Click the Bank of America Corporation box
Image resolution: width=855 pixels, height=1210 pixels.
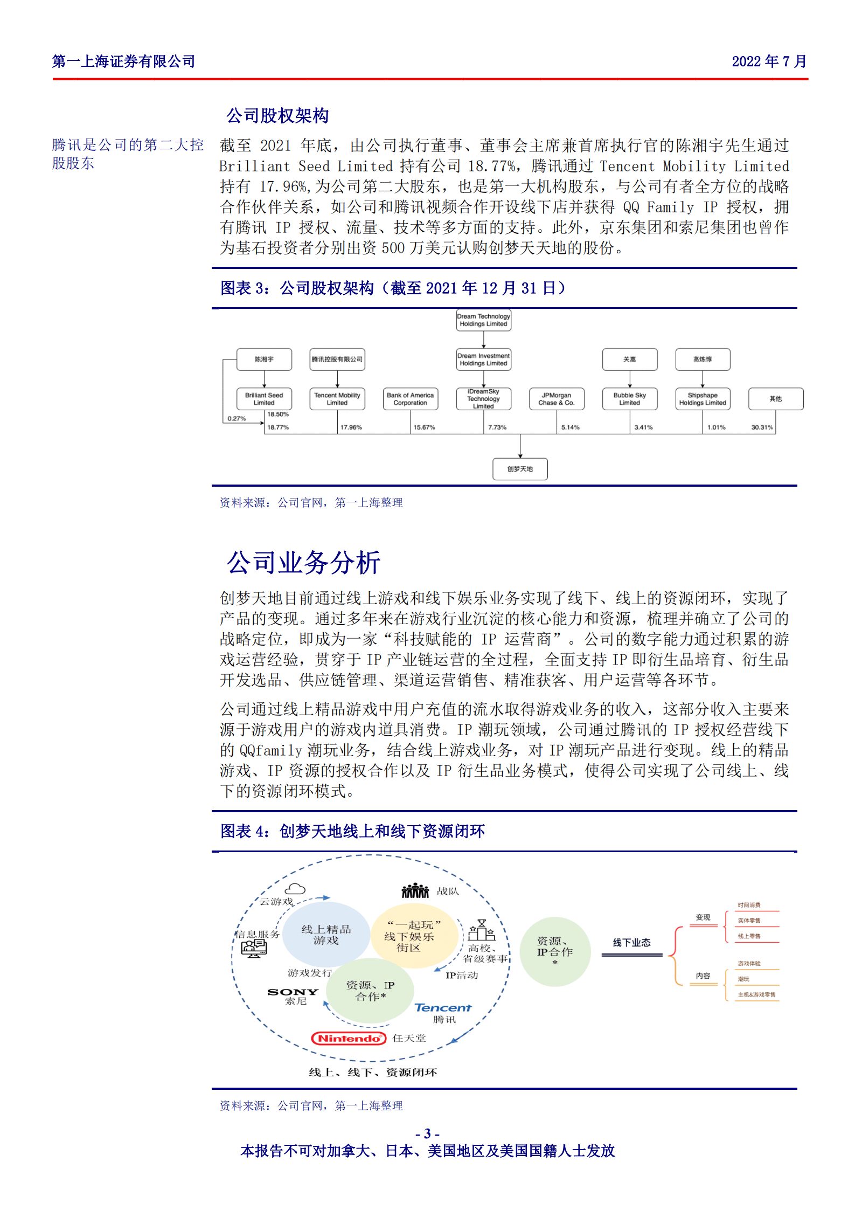[x=410, y=399]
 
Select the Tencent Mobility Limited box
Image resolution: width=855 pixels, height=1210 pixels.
[x=337, y=399]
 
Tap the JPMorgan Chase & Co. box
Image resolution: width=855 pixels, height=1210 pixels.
[x=556, y=399]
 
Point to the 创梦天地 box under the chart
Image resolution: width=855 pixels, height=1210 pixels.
[x=520, y=469]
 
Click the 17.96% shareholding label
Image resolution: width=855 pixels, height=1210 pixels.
[x=351, y=427]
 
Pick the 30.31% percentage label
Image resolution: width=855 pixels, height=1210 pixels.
[x=762, y=427]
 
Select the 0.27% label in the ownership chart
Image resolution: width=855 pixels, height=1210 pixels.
[x=237, y=418]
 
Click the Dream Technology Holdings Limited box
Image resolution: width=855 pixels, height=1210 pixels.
[x=483, y=320]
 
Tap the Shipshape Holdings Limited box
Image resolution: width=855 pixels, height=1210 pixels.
[x=703, y=399]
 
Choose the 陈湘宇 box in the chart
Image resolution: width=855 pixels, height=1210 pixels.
[x=264, y=359]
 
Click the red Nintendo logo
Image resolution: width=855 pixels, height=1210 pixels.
[x=349, y=1038]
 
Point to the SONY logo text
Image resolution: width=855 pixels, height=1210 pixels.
[x=293, y=992]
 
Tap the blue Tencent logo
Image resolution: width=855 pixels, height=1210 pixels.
[x=443, y=1007]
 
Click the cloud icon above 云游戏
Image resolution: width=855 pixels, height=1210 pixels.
[x=295, y=889]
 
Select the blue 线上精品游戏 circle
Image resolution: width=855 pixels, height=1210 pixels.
[x=326, y=935]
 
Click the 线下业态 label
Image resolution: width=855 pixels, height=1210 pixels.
[x=631, y=943]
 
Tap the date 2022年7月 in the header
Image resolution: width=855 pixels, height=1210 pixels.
[x=769, y=61]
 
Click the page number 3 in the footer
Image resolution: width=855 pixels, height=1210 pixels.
[x=427, y=1134]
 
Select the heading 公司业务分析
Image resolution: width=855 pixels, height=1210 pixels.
[x=303, y=563]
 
